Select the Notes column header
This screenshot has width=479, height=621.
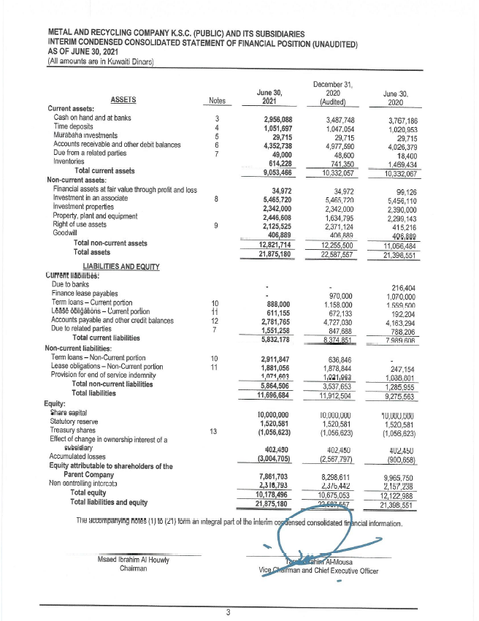pyautogui.click(x=217, y=101)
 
